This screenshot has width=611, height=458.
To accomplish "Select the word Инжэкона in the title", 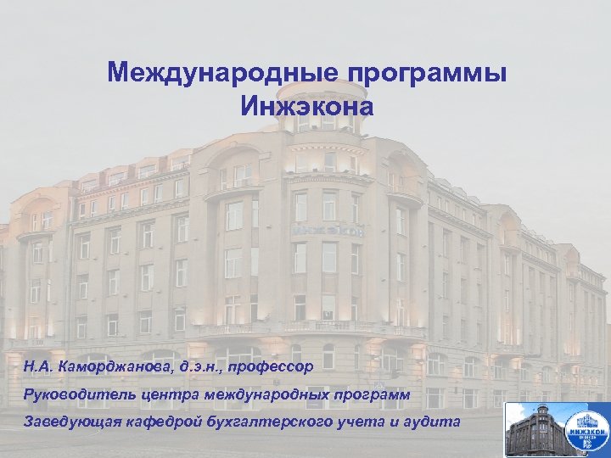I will coord(306,108).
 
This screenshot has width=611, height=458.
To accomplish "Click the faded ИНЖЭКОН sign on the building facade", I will coord(328,230).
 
